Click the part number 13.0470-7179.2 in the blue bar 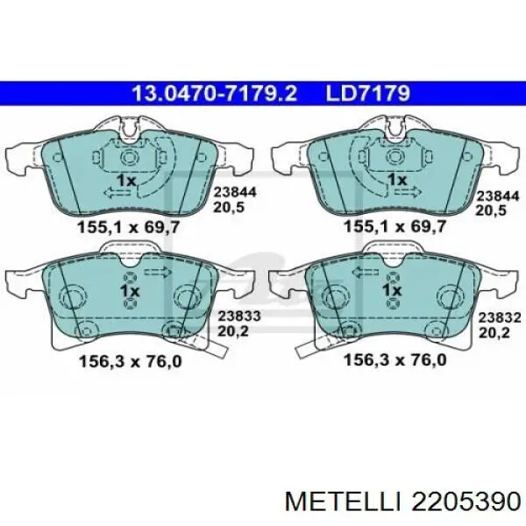(215, 93)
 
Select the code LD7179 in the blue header (368, 93)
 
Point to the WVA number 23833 (239, 316)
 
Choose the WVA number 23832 (500, 317)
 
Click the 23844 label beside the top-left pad (235, 192)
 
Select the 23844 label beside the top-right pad (498, 195)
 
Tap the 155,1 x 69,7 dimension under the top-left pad (129, 227)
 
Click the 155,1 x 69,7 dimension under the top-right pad (394, 226)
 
